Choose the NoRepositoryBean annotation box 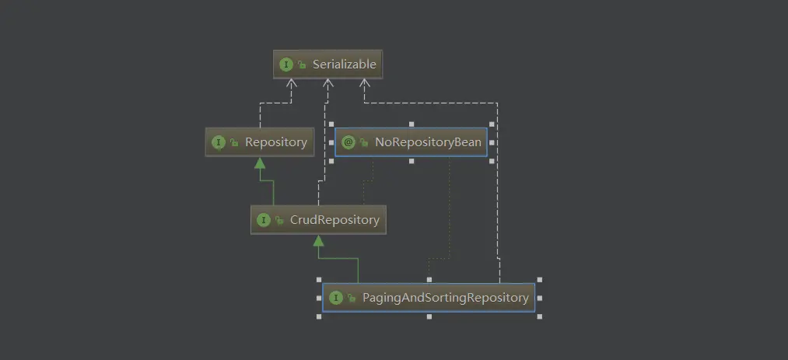(x=411, y=142)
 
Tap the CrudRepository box (x=318, y=220)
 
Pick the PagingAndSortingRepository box (x=429, y=298)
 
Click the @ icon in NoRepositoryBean (x=348, y=142)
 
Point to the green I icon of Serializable (x=286, y=65)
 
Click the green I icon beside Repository (x=219, y=142)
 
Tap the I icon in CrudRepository (x=264, y=220)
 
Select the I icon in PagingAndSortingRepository (x=336, y=298)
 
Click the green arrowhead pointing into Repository (x=260, y=163)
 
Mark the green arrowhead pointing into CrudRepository (x=318, y=240)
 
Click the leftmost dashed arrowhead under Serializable (x=291, y=84)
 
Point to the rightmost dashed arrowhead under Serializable (x=363, y=84)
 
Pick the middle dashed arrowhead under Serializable (x=329, y=84)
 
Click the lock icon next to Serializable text (x=301, y=65)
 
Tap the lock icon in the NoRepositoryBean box (x=363, y=143)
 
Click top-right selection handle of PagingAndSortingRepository (x=539, y=279)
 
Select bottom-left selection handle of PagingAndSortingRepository (x=319, y=316)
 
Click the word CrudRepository (x=334, y=220)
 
